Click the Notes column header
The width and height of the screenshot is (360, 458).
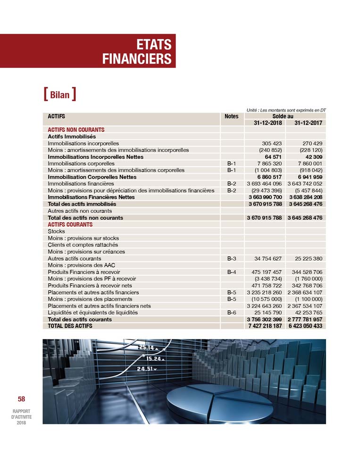[232, 116]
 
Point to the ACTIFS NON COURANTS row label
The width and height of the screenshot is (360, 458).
[76, 129]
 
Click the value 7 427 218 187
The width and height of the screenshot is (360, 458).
[265, 326]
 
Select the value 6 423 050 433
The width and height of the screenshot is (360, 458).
[305, 326]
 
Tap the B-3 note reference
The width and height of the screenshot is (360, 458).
[231, 259]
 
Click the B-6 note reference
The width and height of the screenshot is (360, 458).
[231, 313]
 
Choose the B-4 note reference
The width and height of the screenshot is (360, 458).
[231, 272]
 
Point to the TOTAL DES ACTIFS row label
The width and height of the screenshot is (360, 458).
[70, 326]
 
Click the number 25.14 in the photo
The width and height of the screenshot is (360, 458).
[146, 348]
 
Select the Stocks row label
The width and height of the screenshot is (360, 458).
[56, 232]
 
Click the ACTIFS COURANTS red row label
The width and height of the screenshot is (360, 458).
[70, 225]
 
